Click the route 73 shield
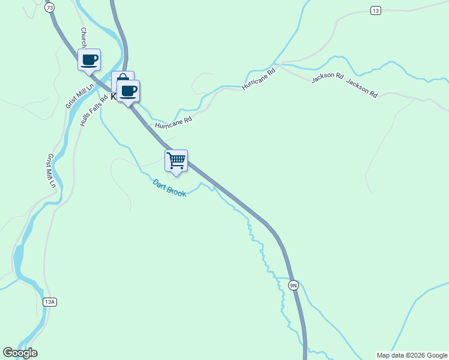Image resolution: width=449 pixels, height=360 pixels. (49, 8)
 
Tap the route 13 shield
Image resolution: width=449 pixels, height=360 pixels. (375, 11)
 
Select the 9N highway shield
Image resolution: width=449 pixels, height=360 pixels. (293, 285)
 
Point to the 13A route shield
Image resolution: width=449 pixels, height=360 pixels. (49, 302)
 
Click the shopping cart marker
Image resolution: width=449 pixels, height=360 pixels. (176, 160)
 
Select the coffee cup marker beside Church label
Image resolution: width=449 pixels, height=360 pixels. (89, 59)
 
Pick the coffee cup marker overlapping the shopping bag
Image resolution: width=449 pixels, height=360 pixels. (128, 91)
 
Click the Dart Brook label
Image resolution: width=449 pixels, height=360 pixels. (169, 188)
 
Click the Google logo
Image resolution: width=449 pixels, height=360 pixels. (20, 353)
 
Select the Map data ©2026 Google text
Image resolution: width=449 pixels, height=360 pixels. (412, 355)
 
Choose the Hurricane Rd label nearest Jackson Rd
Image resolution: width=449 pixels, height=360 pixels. (258, 79)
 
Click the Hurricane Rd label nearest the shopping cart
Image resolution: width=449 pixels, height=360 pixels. (173, 122)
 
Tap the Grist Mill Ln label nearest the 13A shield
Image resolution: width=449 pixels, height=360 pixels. (51, 172)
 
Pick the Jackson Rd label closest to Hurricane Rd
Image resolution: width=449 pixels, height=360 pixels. (327, 77)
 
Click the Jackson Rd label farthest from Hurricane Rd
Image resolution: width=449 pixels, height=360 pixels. (362, 89)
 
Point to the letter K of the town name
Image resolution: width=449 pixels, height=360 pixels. (114, 96)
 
